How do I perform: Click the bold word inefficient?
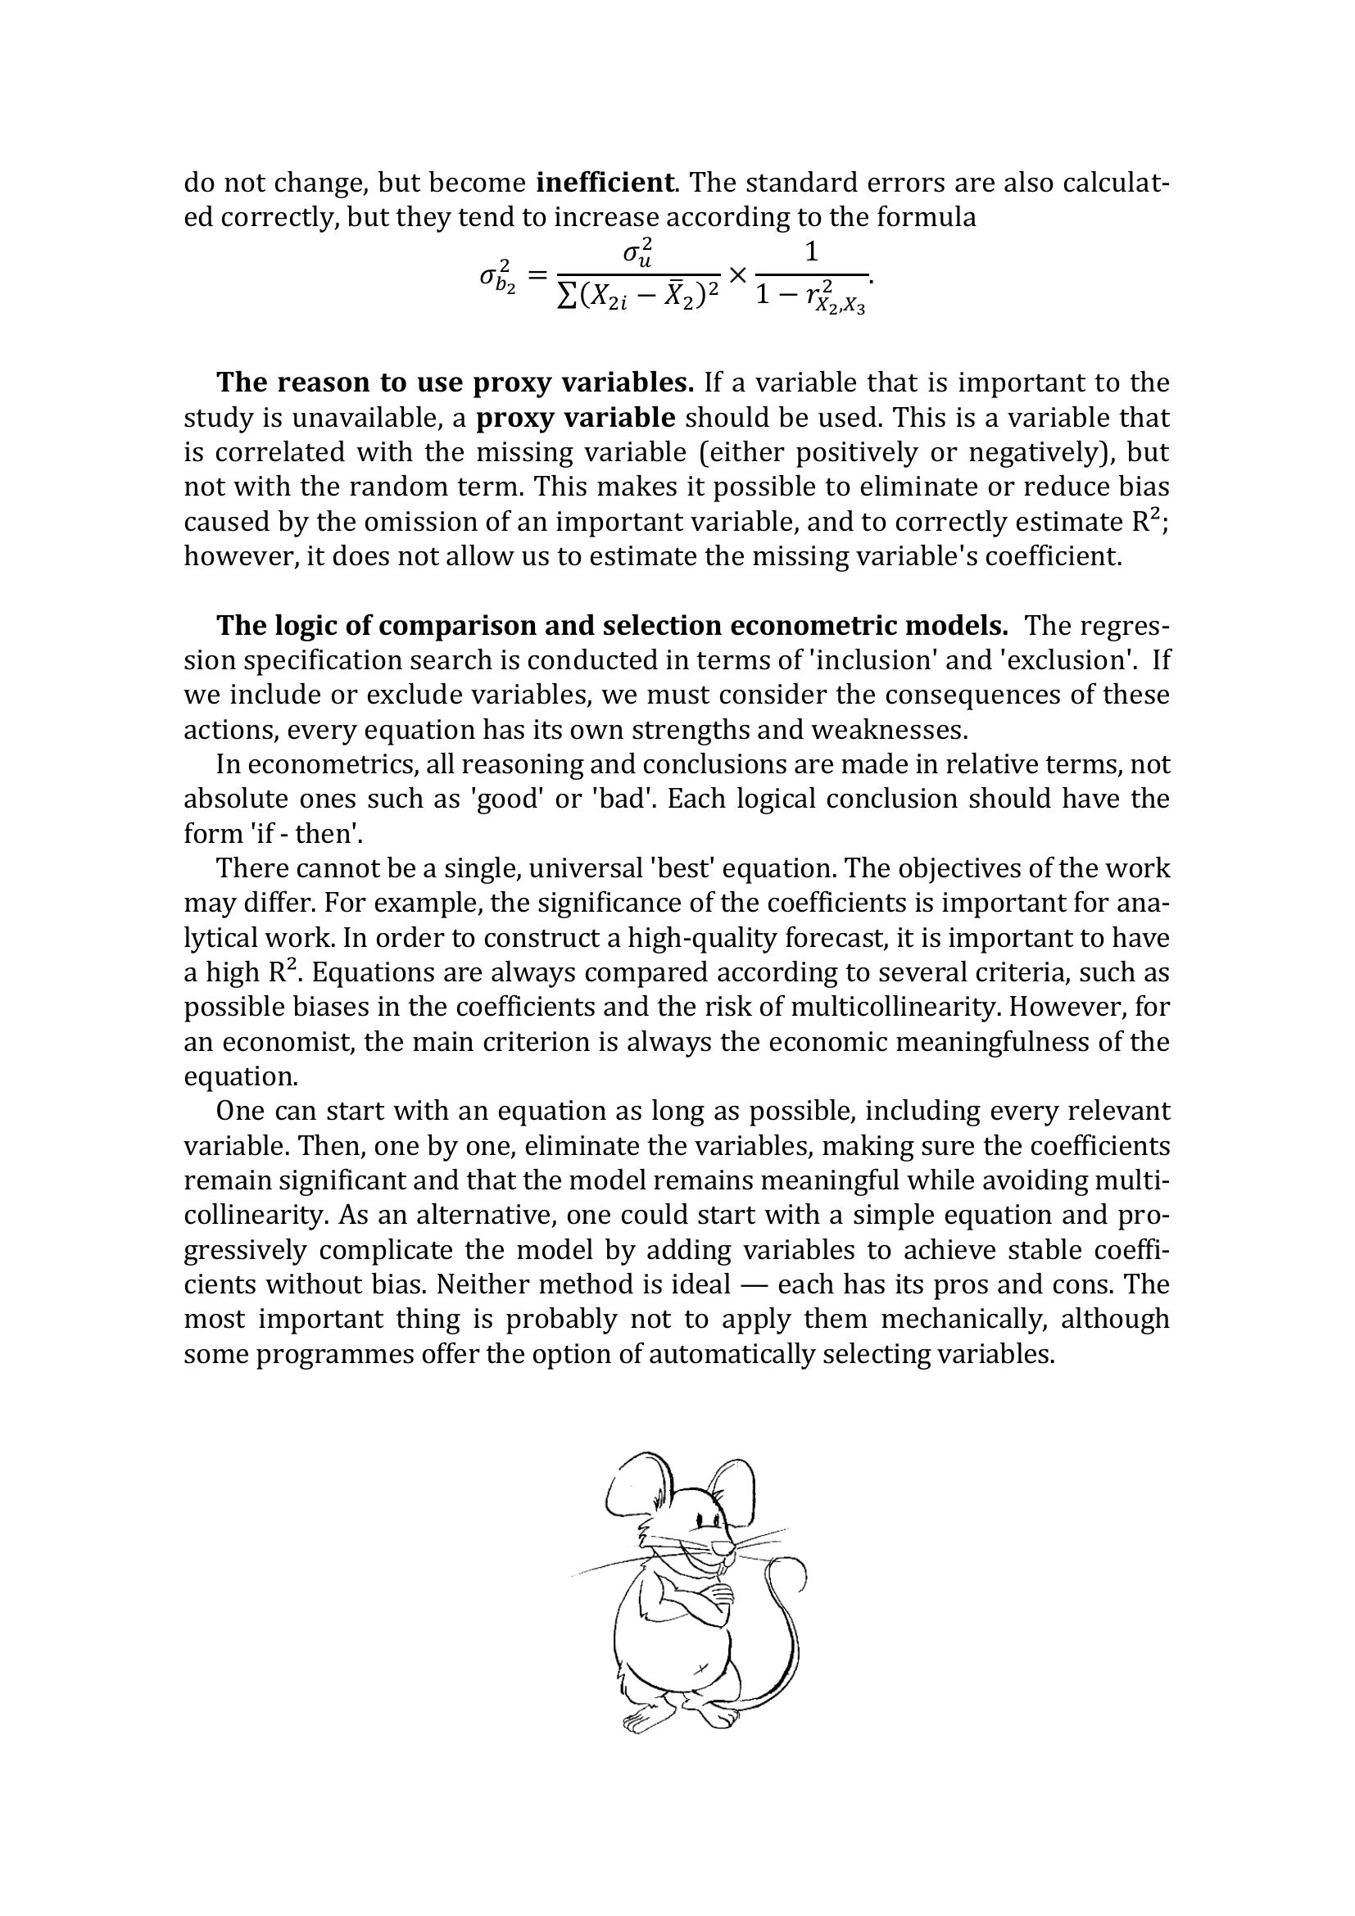click(x=605, y=182)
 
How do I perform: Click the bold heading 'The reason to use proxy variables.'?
click(x=455, y=383)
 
